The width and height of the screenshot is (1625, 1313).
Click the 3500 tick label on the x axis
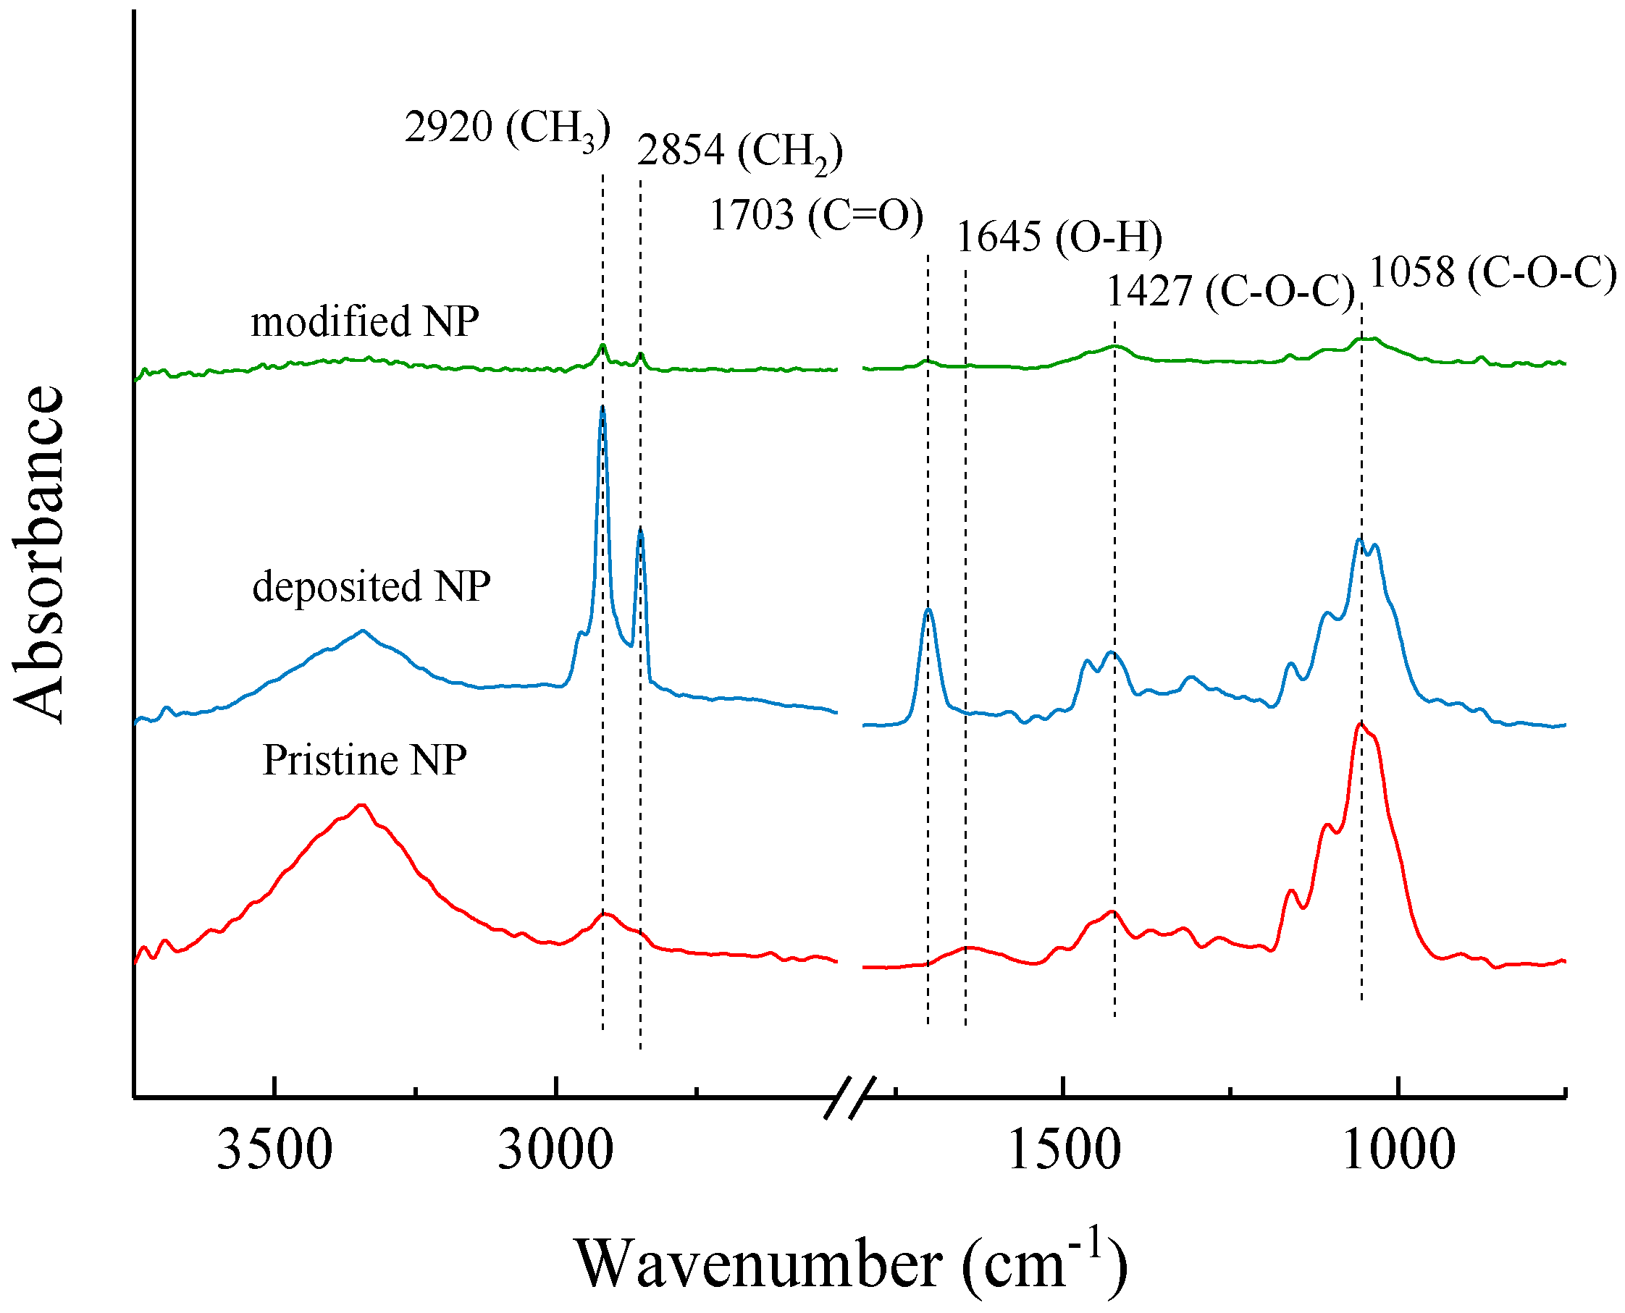(274, 1150)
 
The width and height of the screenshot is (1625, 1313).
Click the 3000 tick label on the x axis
(555, 1150)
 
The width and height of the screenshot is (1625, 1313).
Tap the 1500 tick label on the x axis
(1063, 1150)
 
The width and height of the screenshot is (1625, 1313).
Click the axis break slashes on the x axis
(849, 1097)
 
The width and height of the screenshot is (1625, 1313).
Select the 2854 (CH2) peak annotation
(739, 151)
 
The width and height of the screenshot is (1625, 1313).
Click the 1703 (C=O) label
(815, 216)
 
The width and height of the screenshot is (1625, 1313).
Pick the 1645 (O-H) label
(1059, 237)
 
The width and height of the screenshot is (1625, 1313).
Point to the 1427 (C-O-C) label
(1230, 291)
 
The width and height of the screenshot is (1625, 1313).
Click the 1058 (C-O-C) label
(1492, 272)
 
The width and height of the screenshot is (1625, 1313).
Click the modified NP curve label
(365, 321)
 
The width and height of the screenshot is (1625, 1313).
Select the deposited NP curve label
(371, 586)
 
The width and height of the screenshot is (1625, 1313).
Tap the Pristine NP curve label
(364, 759)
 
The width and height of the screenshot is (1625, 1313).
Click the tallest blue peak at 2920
(602, 408)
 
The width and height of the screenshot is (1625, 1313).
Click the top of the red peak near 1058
(1360, 725)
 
